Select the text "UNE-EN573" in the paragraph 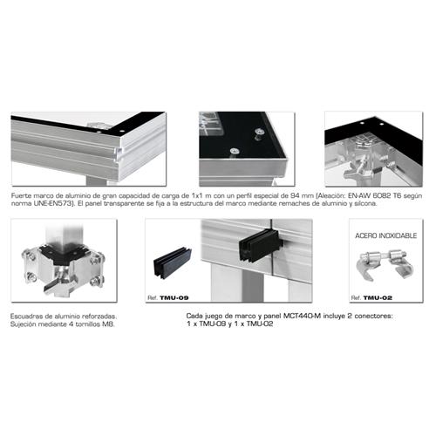pyautogui.click(x=43, y=205)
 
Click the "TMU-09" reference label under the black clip pyautogui.click(x=171, y=297)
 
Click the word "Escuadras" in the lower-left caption pyautogui.click(x=30, y=315)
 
